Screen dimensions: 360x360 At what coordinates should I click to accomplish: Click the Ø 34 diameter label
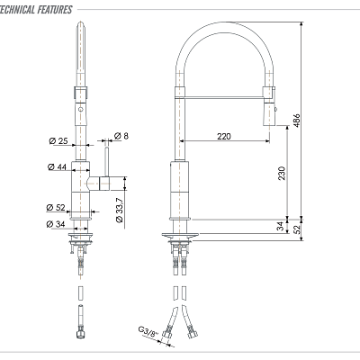click(56, 223)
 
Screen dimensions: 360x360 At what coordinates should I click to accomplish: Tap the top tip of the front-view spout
click(81, 30)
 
